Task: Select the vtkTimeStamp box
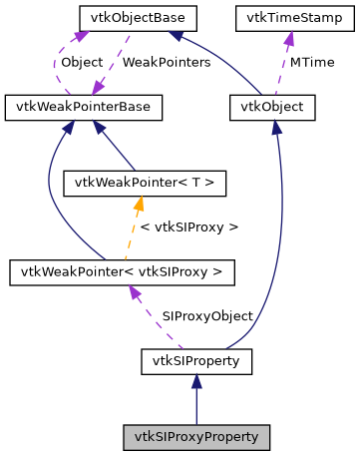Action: pos(281,18)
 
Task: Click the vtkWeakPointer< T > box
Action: pos(130,184)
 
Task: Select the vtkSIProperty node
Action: pos(195,358)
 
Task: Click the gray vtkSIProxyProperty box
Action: pos(195,437)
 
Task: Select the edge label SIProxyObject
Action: pos(206,315)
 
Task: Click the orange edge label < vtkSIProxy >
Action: pos(189,228)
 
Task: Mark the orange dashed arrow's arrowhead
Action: pos(138,204)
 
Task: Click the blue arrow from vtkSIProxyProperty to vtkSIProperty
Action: pos(195,404)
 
